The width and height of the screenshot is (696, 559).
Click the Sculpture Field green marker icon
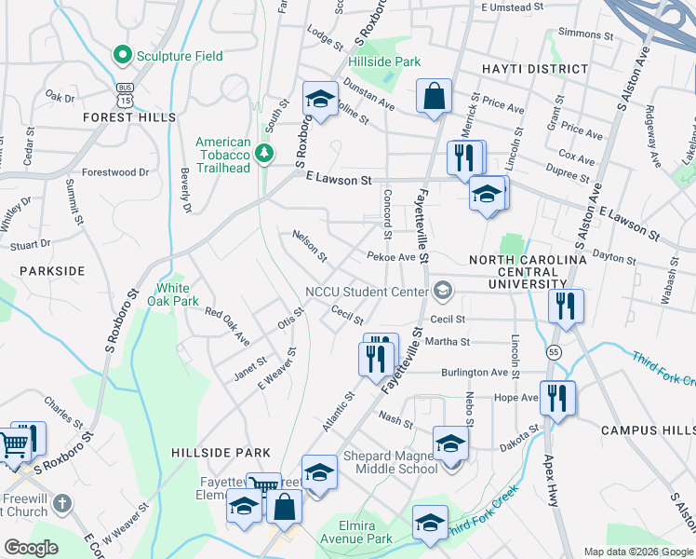(x=121, y=56)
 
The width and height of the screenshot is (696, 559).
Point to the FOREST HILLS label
(x=128, y=117)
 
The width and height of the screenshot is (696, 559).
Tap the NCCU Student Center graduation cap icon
(x=441, y=292)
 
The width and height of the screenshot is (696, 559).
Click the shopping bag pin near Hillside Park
(x=434, y=96)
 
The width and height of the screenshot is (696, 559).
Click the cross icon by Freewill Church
(x=61, y=504)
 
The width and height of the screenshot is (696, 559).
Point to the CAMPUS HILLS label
(x=648, y=429)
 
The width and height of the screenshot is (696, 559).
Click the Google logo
(x=32, y=548)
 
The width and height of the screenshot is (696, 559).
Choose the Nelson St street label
(x=310, y=246)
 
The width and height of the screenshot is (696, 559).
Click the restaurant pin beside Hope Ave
(x=557, y=397)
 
